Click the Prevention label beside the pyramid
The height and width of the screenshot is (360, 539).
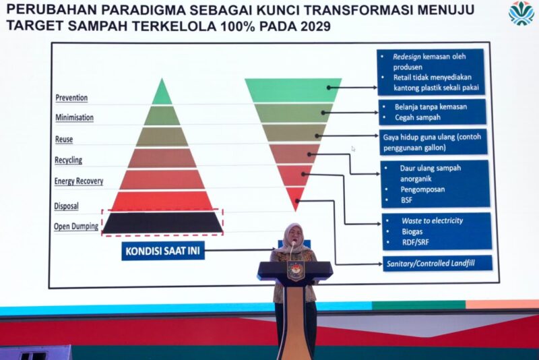pos(71,98)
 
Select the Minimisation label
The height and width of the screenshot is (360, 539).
pos(74,117)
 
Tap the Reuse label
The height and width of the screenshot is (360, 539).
pos(64,140)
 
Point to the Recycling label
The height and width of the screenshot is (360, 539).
pos(69,160)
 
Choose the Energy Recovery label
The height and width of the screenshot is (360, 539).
pos(79,181)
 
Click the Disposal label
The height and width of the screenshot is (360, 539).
pos(66,206)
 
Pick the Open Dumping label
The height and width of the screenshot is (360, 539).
pos(76,227)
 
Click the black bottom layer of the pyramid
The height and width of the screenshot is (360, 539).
pos(162,222)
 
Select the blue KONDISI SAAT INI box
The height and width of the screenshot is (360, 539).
pos(163,251)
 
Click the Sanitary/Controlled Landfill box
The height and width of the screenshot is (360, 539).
pos(437,264)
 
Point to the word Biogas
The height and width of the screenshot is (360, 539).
pos(412,231)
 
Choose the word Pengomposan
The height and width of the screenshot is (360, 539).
pos(422,189)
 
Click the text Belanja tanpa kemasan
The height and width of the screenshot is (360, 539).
pos(431,107)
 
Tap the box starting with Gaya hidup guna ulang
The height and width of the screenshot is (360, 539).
pos(433,142)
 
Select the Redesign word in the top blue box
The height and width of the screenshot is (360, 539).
pos(407,57)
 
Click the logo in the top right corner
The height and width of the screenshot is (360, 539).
pos(521,13)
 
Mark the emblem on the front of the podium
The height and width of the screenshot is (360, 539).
pos(295,270)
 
